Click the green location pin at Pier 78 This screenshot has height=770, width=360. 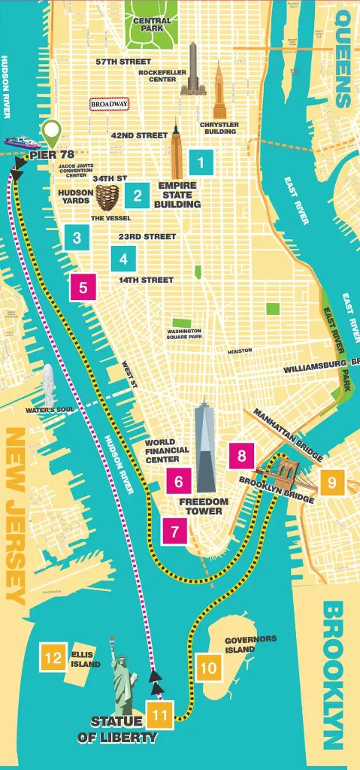click(51, 133)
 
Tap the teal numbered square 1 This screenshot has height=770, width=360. click(201, 161)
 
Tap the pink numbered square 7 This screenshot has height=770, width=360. click(175, 532)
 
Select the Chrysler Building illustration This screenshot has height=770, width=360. click(219, 92)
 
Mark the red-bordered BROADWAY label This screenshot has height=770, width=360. click(110, 105)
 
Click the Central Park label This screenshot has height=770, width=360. click(152, 24)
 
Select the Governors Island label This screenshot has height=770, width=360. click(250, 644)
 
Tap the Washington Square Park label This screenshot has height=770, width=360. click(184, 334)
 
